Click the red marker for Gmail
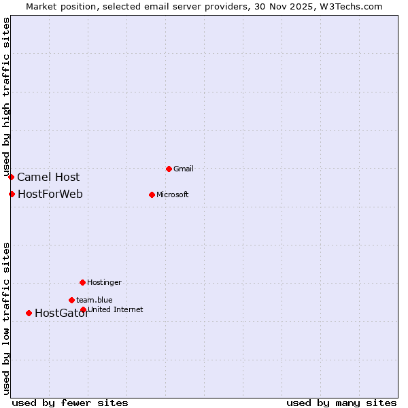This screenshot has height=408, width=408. pyautogui.click(x=169, y=169)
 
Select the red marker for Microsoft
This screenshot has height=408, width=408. pyautogui.click(x=152, y=194)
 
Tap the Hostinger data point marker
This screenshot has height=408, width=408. pyautogui.click(x=82, y=282)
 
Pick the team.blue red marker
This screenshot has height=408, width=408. pyautogui.click(x=71, y=300)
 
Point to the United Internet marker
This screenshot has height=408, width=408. pyautogui.click(x=84, y=310)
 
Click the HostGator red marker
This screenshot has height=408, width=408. pyautogui.click(x=29, y=313)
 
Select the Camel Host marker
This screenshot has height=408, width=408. pyautogui.click(x=11, y=177)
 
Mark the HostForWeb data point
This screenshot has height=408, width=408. pyautogui.click(x=12, y=194)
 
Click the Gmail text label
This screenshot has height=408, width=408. pyautogui.click(x=184, y=169)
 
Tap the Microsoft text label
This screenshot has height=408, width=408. pyautogui.click(x=172, y=194)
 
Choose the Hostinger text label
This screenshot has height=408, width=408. pyautogui.click(x=104, y=282)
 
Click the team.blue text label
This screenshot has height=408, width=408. pyautogui.click(x=95, y=300)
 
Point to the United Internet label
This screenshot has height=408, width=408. pyautogui.click(x=115, y=309)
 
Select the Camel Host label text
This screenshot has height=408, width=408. pyautogui.click(x=48, y=177)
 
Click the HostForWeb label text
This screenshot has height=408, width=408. pyautogui.click(x=50, y=194)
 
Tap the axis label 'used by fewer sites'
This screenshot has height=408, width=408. pyautogui.click(x=70, y=403)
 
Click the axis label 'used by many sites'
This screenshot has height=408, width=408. pyautogui.click(x=341, y=403)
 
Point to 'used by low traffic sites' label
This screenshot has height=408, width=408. pyautogui.click(x=7, y=318)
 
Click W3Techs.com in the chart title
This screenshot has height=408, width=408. pyautogui.click(x=352, y=7)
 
